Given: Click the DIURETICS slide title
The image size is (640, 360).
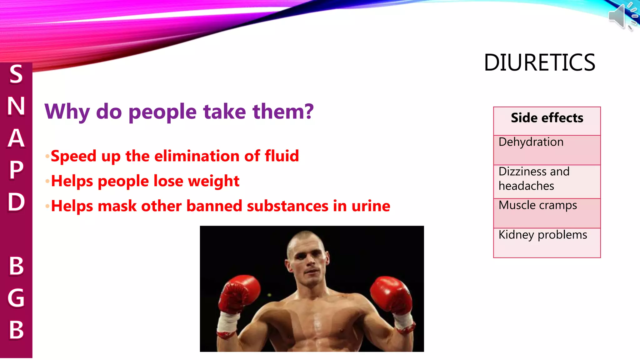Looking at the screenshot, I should (x=539, y=62).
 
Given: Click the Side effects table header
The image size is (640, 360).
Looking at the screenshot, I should (x=547, y=118).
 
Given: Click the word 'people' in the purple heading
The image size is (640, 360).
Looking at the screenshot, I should (x=162, y=112).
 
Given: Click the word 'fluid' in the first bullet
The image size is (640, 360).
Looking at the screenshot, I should (x=282, y=156).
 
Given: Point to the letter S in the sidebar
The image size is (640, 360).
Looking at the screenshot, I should (x=16, y=74).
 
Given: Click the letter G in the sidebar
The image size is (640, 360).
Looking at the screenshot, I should (x=16, y=298).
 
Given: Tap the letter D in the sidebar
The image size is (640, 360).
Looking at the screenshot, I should (x=16, y=202).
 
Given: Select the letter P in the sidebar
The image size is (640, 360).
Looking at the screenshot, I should (x=16, y=170).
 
